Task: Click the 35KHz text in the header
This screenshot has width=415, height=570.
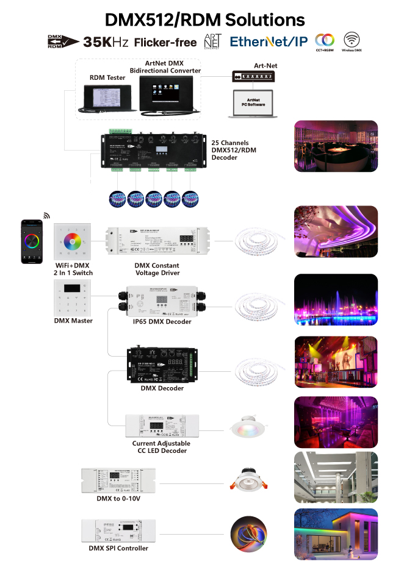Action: pyautogui.click(x=106, y=41)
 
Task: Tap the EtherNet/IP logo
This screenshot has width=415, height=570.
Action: pyautogui.click(x=268, y=41)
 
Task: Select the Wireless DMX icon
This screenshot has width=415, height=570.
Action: pyautogui.click(x=352, y=40)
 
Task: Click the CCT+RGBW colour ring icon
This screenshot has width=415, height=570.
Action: pyautogui.click(x=324, y=41)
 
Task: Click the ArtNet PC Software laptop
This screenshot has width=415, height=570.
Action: pyautogui.click(x=253, y=104)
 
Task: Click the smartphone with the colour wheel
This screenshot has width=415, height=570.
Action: pyautogui.click(x=29, y=242)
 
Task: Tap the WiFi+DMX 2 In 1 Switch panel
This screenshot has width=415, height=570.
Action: pyautogui.click(x=73, y=242)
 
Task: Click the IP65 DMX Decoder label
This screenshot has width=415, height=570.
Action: pyautogui.click(x=162, y=322)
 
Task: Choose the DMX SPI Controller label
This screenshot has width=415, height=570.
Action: pyautogui.click(x=118, y=548)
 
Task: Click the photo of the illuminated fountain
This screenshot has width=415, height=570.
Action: pyautogui.click(x=336, y=300)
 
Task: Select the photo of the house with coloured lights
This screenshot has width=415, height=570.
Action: pyautogui.click(x=336, y=535)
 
